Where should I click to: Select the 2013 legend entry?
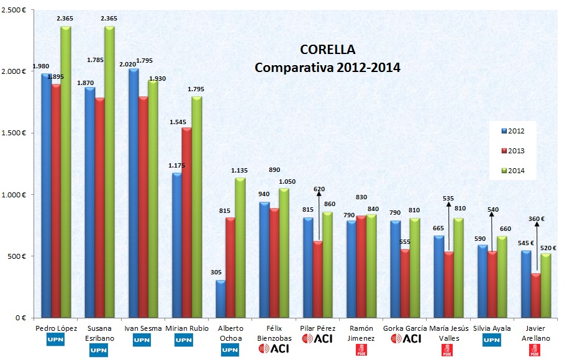tap(512, 151)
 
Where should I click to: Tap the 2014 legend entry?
tap(512, 171)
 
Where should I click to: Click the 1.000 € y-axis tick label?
tap(14, 194)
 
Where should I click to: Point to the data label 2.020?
tap(134, 63)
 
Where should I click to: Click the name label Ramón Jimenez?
tap(361, 331)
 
